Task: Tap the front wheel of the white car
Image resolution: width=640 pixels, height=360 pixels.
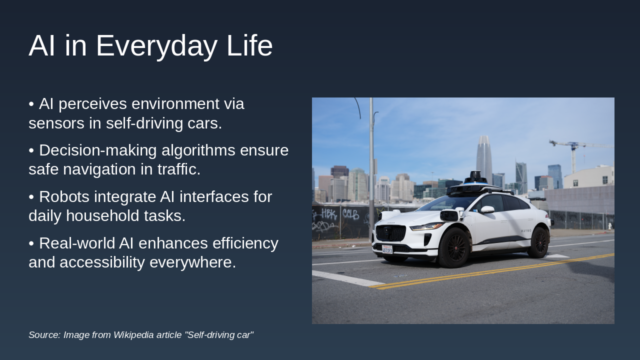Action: tap(454, 247)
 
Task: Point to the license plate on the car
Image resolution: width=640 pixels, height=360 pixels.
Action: tap(387, 249)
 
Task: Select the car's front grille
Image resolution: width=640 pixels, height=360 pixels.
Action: tap(390, 233)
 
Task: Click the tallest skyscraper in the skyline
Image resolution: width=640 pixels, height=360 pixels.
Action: tap(484, 157)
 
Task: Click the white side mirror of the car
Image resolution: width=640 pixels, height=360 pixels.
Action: tap(487, 209)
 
